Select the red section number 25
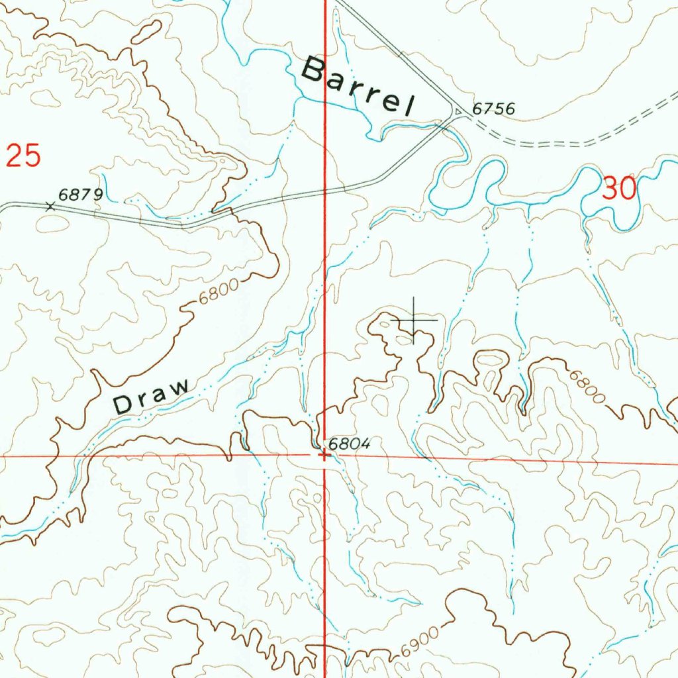tap(24, 156)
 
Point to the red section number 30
tap(620, 189)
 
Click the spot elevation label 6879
tap(80, 195)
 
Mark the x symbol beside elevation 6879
tap(50, 206)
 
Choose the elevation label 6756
tap(493, 109)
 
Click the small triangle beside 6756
tap(458, 111)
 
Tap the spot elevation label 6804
tap(348, 444)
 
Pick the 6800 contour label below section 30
tap(587, 387)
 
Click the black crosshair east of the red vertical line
tap(414, 320)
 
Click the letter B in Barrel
tap(314, 70)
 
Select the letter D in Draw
tap(123, 404)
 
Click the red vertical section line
tap(324, 265)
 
